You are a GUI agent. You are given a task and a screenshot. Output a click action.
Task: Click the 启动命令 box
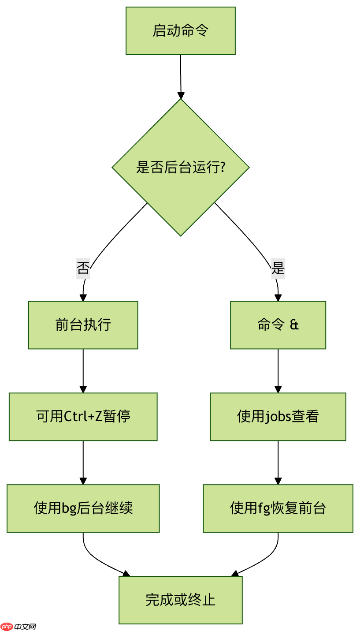pyautogui.click(x=180, y=31)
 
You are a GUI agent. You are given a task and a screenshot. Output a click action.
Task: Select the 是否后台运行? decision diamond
pyautogui.click(x=180, y=168)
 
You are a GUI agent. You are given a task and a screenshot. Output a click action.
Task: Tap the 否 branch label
pyautogui.click(x=83, y=268)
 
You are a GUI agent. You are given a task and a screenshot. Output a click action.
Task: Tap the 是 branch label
pyautogui.click(x=278, y=268)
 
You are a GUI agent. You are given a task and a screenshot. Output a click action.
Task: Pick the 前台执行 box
pyautogui.click(x=83, y=325)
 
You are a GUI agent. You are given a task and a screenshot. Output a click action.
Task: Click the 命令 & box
pyautogui.click(x=278, y=325)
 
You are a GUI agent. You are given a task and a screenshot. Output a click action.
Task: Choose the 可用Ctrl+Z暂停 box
pyautogui.click(x=83, y=417)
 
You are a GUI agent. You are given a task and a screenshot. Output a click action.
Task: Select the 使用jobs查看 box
pyautogui.click(x=278, y=417)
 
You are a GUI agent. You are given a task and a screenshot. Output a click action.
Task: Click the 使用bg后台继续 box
pyautogui.click(x=83, y=508)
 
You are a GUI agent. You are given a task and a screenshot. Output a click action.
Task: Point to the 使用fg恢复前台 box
pyautogui.click(x=278, y=508)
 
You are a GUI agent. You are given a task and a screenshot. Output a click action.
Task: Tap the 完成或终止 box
pyautogui.click(x=180, y=600)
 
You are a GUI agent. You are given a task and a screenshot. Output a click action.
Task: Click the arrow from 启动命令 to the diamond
pyautogui.click(x=181, y=75)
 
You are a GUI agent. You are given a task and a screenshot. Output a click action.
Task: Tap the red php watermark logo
pyautogui.click(x=7, y=627)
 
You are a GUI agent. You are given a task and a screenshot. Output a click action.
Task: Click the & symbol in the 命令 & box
pyautogui.click(x=294, y=325)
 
